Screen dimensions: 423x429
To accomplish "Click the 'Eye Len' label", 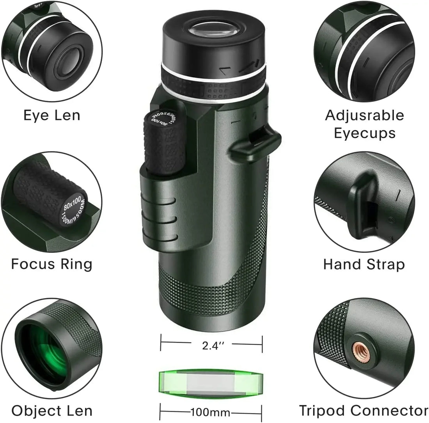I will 51,115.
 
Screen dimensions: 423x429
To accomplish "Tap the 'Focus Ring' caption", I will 51,264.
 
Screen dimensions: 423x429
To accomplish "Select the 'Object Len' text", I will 51,411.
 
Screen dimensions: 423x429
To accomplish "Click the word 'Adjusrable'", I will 365,115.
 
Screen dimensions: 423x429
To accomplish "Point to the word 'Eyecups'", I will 365,133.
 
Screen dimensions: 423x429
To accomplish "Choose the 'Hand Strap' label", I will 364,264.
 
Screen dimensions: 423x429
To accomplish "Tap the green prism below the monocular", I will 211,381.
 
